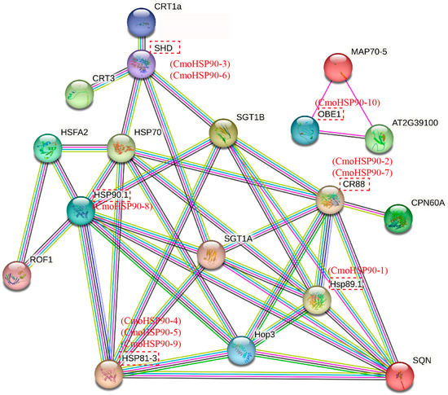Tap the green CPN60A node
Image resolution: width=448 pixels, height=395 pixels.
[x=398, y=218]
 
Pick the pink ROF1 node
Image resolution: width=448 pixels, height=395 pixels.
[x=15, y=275]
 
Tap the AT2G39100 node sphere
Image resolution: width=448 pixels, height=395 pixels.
[x=380, y=138]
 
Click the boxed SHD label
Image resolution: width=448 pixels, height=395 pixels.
[x=164, y=48]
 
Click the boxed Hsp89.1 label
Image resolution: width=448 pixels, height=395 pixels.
[x=345, y=284]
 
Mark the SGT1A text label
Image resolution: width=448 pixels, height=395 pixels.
[x=238, y=237]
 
